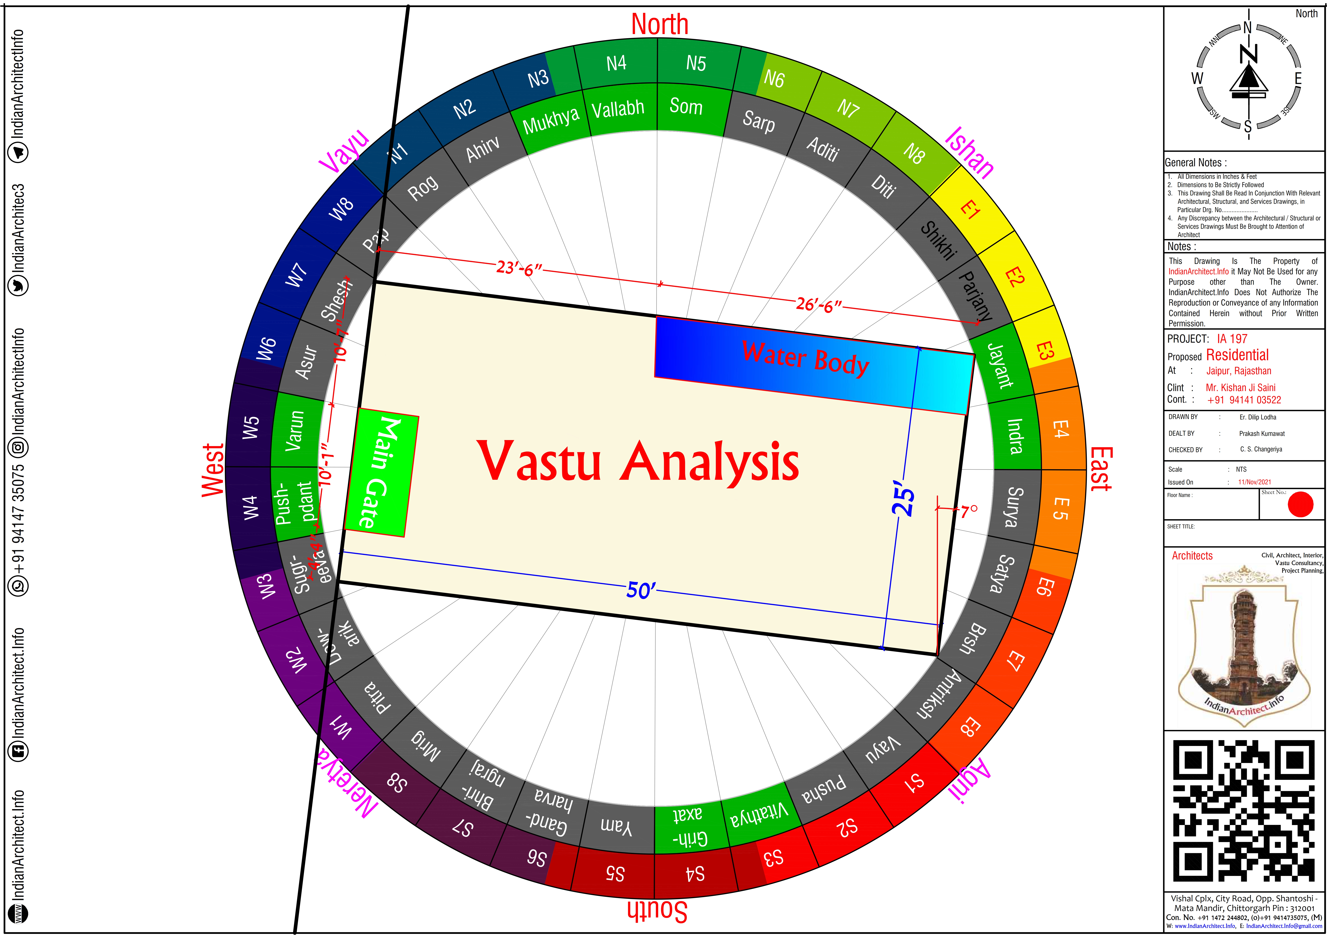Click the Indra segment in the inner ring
point(1015,436)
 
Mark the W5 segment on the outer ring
point(250,426)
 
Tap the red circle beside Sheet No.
point(1300,504)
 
